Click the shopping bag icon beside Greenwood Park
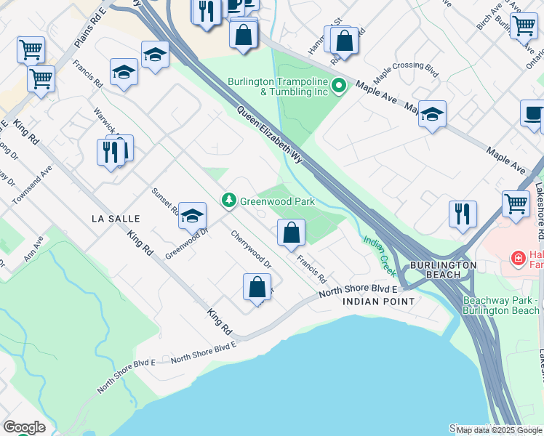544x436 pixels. [291, 233]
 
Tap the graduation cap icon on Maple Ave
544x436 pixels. [432, 114]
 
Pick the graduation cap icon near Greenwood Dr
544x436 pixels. [192, 215]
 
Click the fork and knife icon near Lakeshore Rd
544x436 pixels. [462, 214]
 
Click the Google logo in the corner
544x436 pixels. [24, 427]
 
